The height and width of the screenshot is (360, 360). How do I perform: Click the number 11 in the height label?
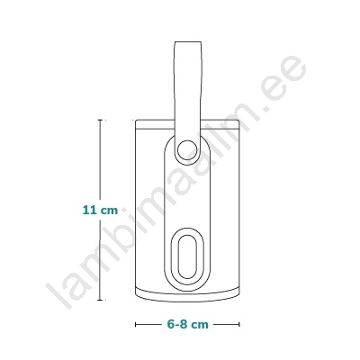90,210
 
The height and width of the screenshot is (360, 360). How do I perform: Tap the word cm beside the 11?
109,211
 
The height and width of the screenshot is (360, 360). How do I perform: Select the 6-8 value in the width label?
178,324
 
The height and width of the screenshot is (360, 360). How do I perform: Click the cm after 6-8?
200,325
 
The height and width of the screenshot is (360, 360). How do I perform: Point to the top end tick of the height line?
100,120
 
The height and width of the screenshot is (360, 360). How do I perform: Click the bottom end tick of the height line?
100,300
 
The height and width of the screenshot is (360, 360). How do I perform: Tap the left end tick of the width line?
136,324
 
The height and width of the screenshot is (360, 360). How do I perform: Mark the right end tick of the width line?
239,324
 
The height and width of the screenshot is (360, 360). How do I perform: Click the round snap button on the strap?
186,149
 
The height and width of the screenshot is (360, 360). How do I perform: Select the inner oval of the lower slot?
186,256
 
